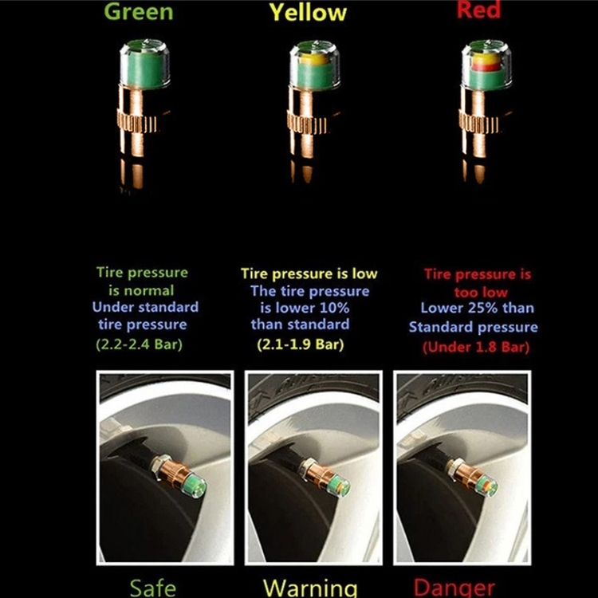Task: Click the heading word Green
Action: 139,11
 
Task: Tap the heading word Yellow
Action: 308,12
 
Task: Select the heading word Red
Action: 478,9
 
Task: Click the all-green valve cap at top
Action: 145,64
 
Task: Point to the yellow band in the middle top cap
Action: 313,59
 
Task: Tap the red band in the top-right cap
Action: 486,68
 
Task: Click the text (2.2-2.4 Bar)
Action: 140,344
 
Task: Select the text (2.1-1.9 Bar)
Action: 301,344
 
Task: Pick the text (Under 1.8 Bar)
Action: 476,347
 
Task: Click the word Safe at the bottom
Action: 153,588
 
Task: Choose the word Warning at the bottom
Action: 310,588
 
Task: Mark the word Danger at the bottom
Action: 454,588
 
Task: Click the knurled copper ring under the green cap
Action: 136,122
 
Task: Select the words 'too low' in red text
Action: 481,292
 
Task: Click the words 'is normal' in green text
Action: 141,290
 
